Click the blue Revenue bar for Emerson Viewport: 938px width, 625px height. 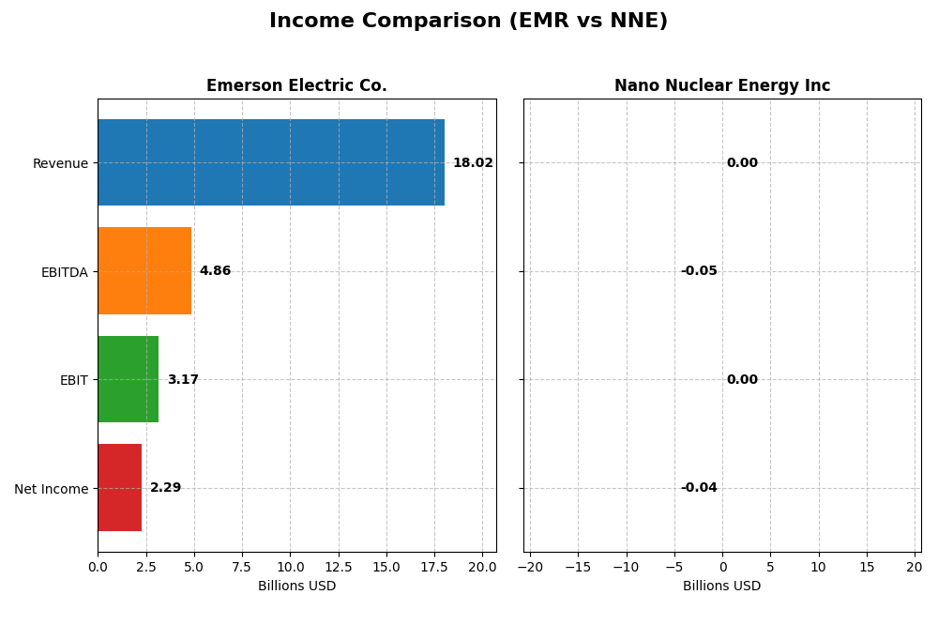pyautogui.click(x=270, y=162)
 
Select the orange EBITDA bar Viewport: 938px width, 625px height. pyautogui.click(x=144, y=271)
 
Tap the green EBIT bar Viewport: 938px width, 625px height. pyautogui.click(x=128, y=379)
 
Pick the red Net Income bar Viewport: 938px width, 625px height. pyautogui.click(x=119, y=488)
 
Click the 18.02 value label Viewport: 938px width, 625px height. pyautogui.click(x=473, y=163)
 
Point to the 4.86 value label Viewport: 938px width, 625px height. pyautogui.click(x=215, y=271)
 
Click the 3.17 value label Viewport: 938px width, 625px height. pyautogui.click(x=183, y=380)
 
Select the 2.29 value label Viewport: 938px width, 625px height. pyautogui.click(x=165, y=488)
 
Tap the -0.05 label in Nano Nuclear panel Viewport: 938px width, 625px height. pyautogui.click(x=699, y=271)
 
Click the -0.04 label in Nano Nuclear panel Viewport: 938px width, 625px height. pyautogui.click(x=699, y=488)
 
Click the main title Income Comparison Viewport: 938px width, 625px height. pyautogui.click(x=468, y=21)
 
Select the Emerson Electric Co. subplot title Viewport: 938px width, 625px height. pyautogui.click(x=296, y=86)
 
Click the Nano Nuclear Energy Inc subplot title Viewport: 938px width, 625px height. pyautogui.click(x=722, y=86)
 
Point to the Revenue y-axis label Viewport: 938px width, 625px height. pyautogui.click(x=60, y=164)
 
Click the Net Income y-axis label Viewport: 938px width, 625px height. pyautogui.click(x=52, y=489)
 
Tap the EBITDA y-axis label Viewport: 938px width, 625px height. pyautogui.click(x=64, y=272)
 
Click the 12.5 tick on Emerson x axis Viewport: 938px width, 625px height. pyautogui.click(x=338, y=567)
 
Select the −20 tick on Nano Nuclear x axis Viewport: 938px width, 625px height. pyautogui.click(x=530, y=567)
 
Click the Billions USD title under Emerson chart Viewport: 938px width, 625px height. pyautogui.click(x=296, y=587)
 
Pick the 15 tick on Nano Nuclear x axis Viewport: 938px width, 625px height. pyautogui.click(x=867, y=567)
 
